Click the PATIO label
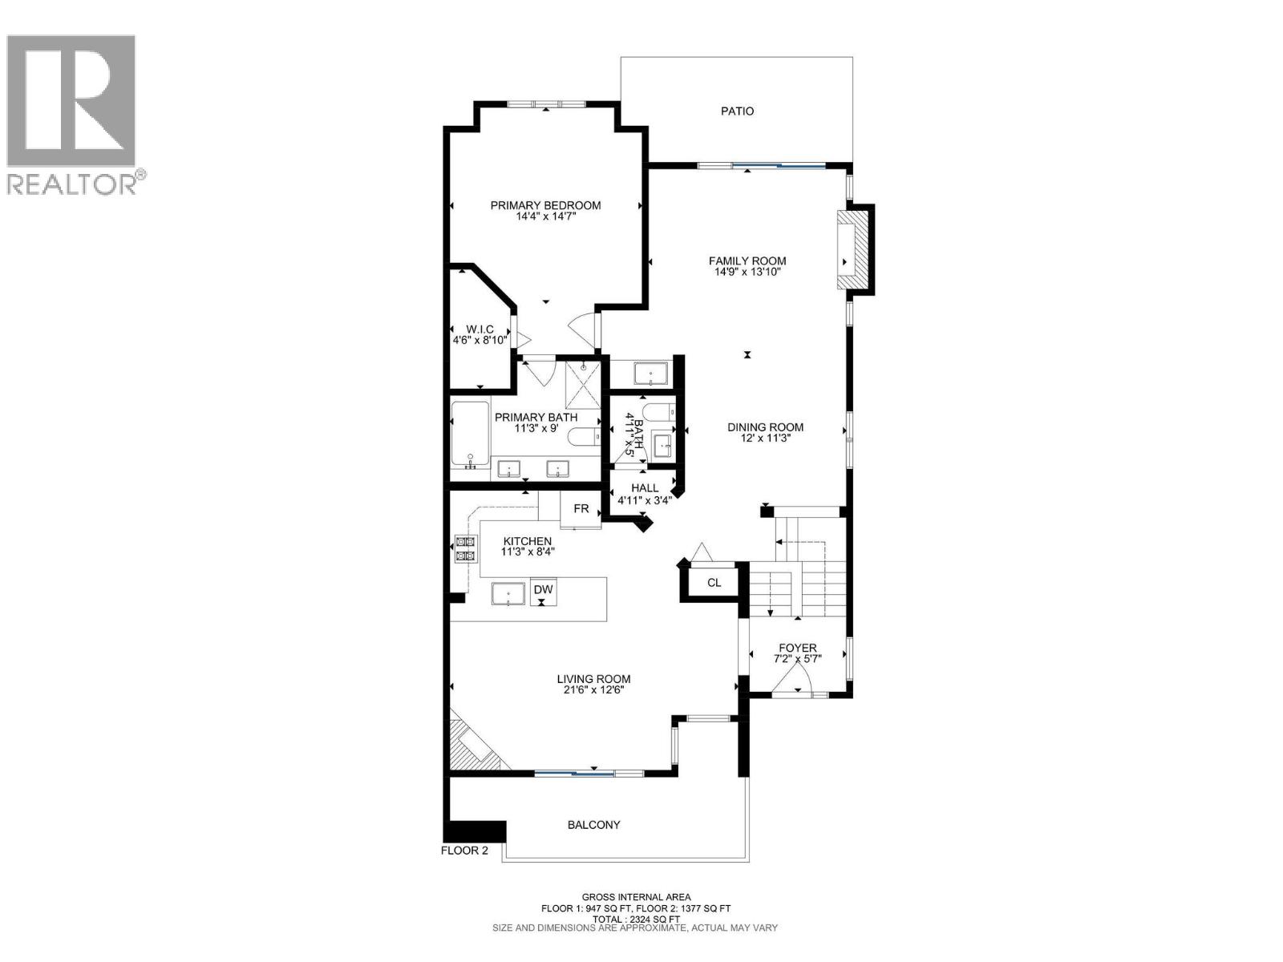[737, 111]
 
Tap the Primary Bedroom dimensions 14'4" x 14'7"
[546, 216]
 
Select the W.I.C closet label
[480, 329]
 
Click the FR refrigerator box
[581, 510]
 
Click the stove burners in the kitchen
[464, 548]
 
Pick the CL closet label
[714, 583]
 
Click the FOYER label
[798, 648]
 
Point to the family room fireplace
[852, 250]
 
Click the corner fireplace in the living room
[470, 745]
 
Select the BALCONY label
[593, 825]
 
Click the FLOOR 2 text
[464, 851]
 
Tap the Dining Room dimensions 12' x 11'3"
[765, 439]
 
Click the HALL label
[645, 487]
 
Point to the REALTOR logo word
[72, 184]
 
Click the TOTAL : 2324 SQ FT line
[636, 920]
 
